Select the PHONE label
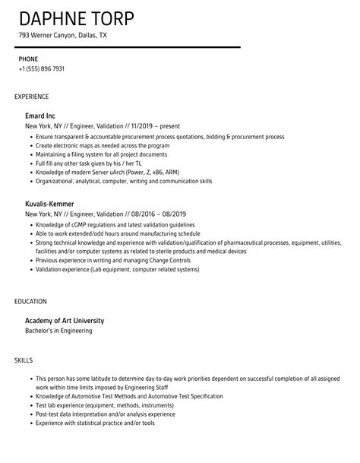pyautogui.click(x=27, y=59)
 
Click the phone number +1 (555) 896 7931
pyautogui.click(x=42, y=69)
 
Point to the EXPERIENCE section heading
pyautogui.click(x=32, y=97)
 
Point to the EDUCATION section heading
pyautogui.click(x=31, y=301)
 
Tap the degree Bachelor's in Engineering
pyautogui.click(x=59, y=331)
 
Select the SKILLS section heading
pyautogui.click(x=24, y=357)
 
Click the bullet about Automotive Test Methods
pyautogui.click(x=130, y=396)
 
